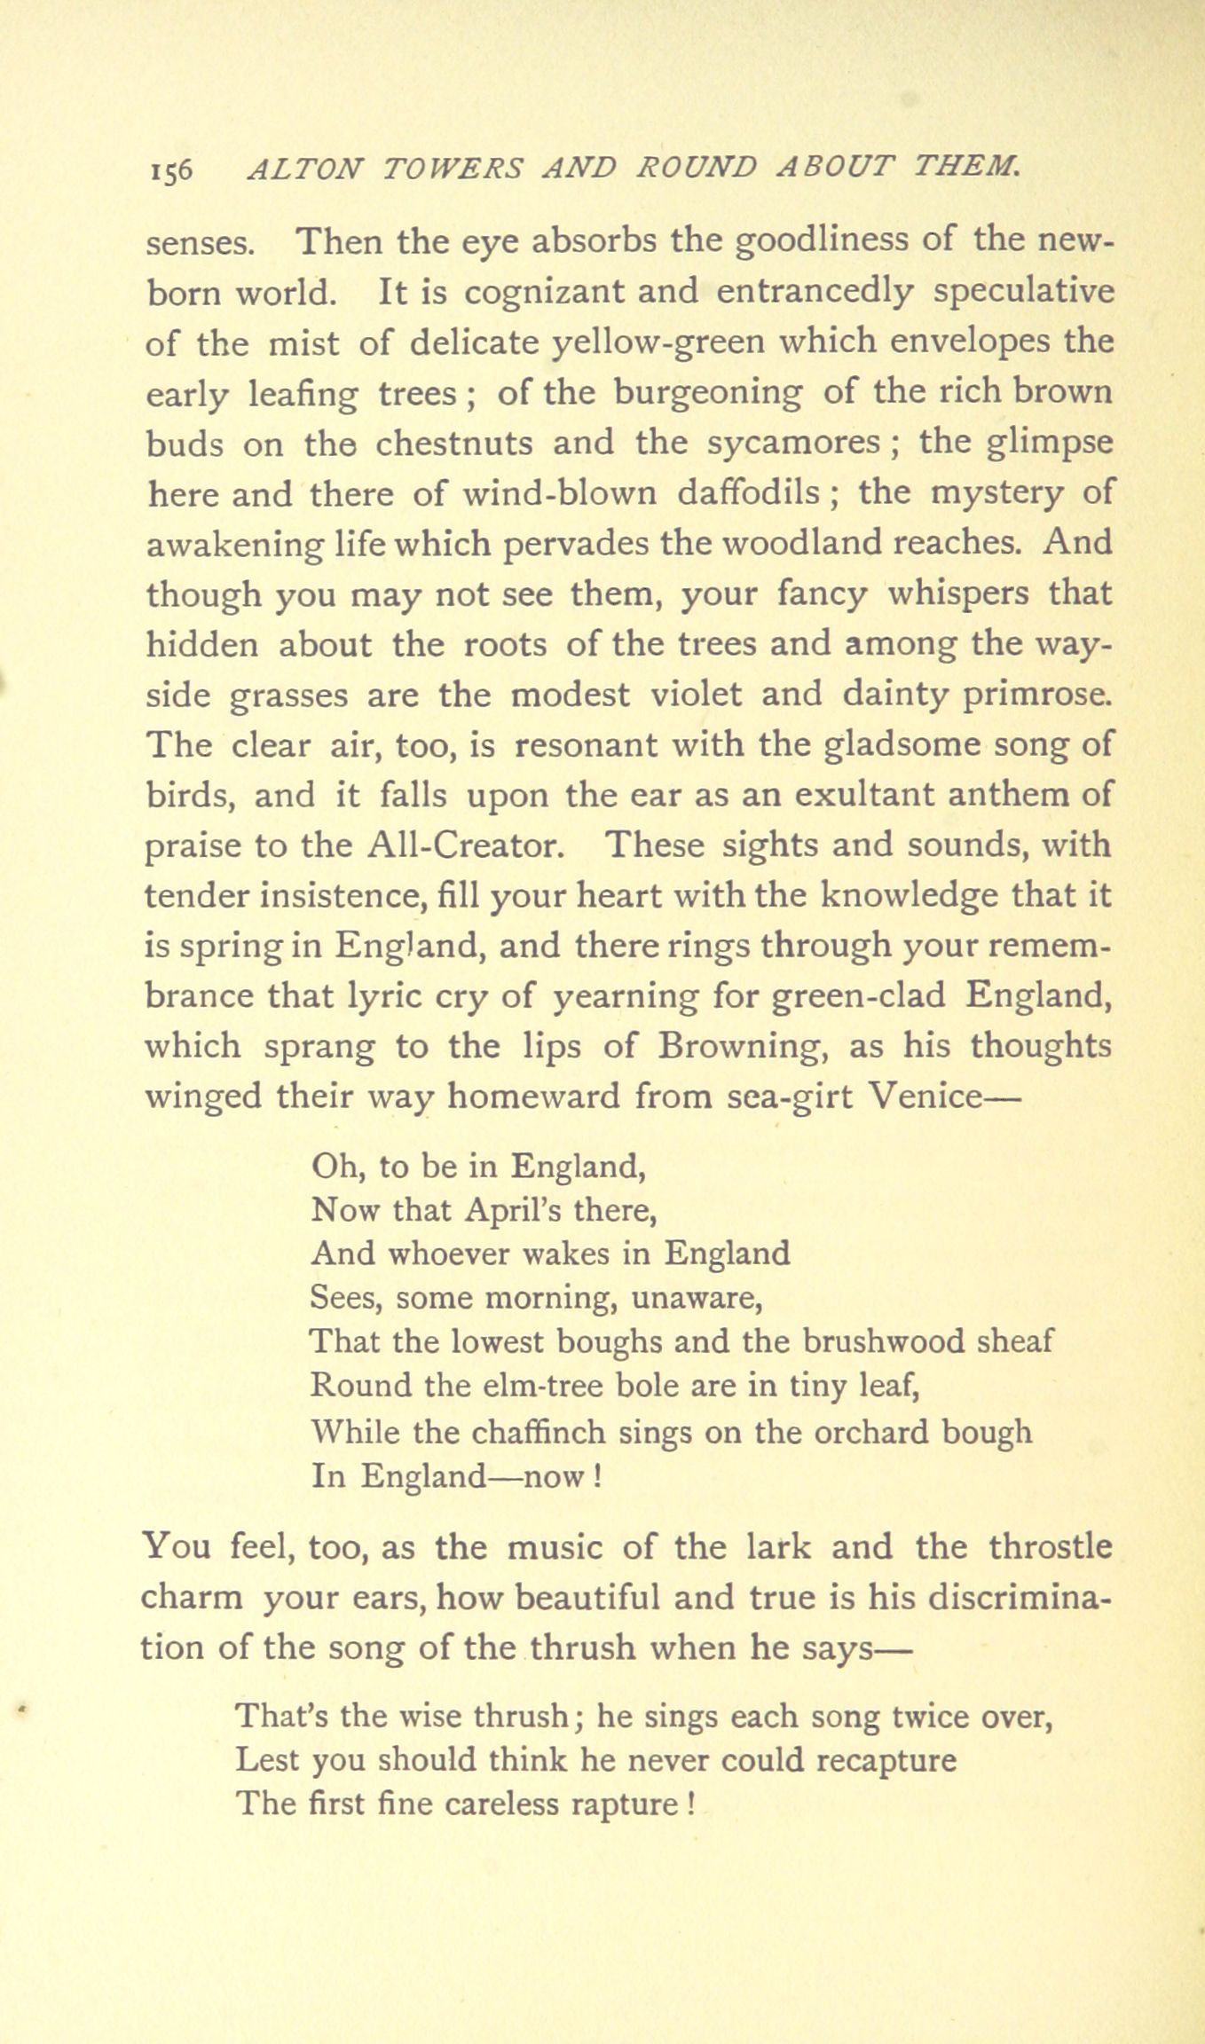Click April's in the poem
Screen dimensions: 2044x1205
522,1210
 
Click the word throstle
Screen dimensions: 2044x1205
1050,1548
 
